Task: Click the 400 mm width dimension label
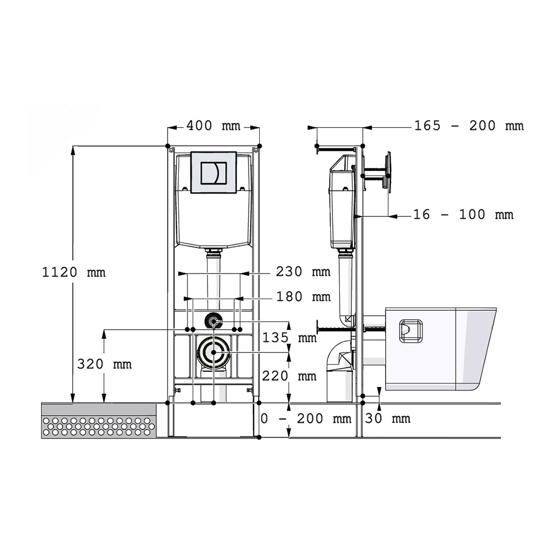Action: point(214,125)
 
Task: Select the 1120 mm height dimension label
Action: point(74,272)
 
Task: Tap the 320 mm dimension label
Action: point(104,364)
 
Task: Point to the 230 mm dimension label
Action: point(304,271)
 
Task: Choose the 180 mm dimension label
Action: point(304,296)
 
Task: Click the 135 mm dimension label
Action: point(290,337)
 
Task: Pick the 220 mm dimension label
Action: point(290,376)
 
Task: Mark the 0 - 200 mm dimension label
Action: point(306,418)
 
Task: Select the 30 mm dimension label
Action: point(387,418)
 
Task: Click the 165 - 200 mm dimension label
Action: point(469,125)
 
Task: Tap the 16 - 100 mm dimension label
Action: point(463,214)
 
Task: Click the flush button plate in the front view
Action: point(214,173)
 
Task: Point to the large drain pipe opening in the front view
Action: point(214,352)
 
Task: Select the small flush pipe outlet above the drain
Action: point(214,321)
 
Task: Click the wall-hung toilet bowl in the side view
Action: point(440,349)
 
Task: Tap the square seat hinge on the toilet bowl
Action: point(411,331)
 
